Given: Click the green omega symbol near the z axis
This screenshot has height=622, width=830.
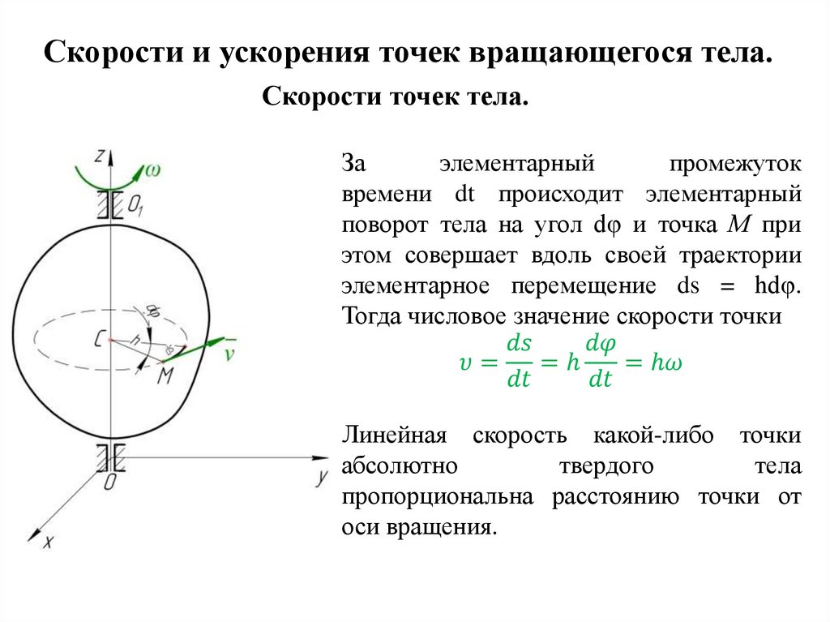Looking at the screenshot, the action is pyautogui.click(x=152, y=170).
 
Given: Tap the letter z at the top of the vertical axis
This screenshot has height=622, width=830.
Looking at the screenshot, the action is pyautogui.click(x=98, y=154).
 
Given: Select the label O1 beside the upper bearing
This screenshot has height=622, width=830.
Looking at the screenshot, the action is pyautogui.click(x=135, y=208).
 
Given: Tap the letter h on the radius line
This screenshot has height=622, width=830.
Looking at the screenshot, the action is pyautogui.click(x=136, y=341).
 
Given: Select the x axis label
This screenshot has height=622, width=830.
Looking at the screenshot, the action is pyautogui.click(x=47, y=543).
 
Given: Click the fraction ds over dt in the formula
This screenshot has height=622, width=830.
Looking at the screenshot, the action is pyautogui.click(x=519, y=363).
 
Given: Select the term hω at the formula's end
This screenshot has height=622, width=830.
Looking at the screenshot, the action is pyautogui.click(x=666, y=363).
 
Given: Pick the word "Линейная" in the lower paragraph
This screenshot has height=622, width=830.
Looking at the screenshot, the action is pyautogui.click(x=394, y=435).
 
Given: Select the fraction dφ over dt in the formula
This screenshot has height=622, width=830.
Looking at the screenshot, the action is pyautogui.click(x=601, y=363).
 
